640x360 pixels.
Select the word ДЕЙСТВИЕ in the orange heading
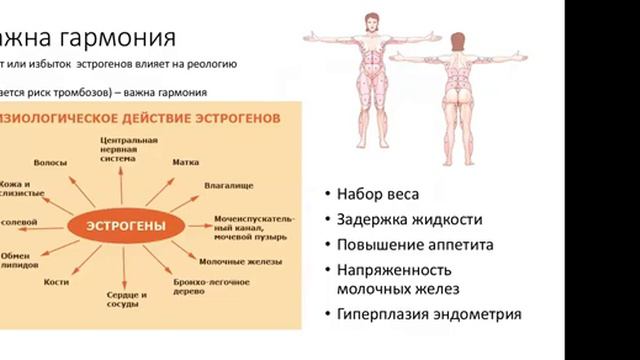click(x=141, y=117)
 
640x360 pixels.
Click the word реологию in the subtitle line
click(x=207, y=66)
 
